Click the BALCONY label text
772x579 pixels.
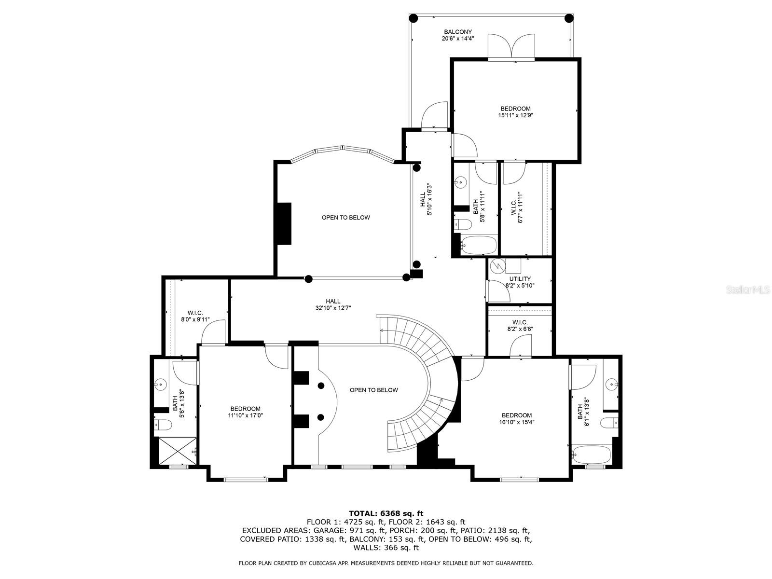pyautogui.click(x=458, y=32)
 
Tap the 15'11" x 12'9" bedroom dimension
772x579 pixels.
pyautogui.click(x=515, y=115)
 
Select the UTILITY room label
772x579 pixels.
pyautogui.click(x=520, y=278)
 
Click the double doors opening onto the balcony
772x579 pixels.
pyautogui.click(x=511, y=47)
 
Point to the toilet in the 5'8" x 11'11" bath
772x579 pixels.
pyautogui.click(x=463, y=224)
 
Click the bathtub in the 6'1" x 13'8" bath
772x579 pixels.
pyautogui.click(x=591, y=454)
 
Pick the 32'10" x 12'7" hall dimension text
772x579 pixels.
pyautogui.click(x=333, y=308)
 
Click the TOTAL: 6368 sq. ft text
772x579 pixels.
pyautogui.click(x=386, y=513)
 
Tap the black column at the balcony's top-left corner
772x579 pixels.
pyautogui.click(x=413, y=18)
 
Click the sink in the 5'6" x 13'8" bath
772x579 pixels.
pyautogui.click(x=160, y=385)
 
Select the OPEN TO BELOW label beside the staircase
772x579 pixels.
pyautogui.click(x=373, y=390)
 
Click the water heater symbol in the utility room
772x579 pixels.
pyautogui.click(x=497, y=265)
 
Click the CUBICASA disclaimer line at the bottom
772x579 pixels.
pyautogui.click(x=386, y=563)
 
